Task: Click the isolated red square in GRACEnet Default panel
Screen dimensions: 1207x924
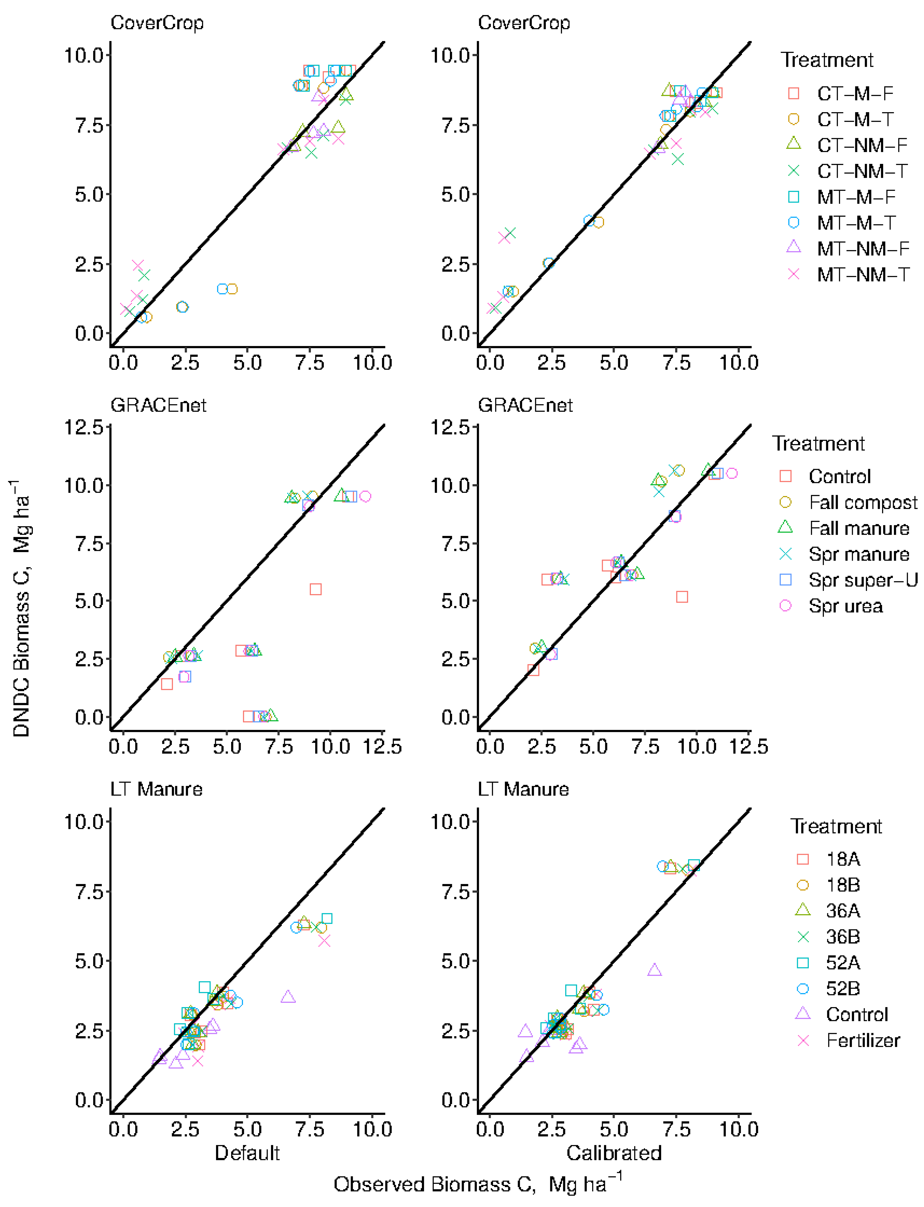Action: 315,589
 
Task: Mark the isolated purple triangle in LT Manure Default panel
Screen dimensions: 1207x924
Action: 288,997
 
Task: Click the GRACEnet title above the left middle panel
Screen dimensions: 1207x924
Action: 158,406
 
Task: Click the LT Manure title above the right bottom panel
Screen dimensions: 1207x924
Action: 523,789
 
